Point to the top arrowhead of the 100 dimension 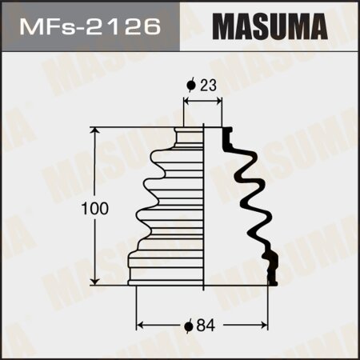point(96,130)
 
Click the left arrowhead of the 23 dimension point(187,102)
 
